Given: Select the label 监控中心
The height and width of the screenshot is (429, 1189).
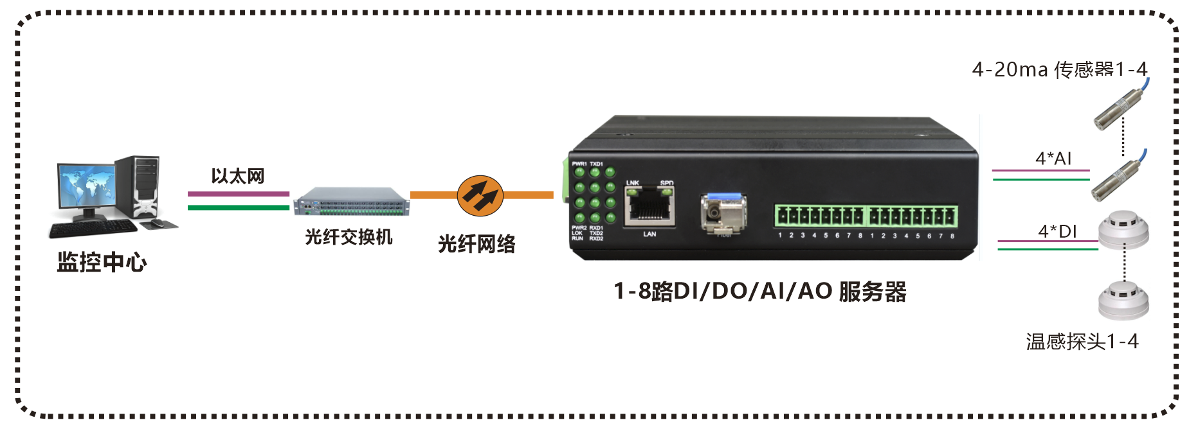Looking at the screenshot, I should tap(102, 262).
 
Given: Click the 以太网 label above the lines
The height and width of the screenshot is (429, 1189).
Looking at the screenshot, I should tap(238, 176).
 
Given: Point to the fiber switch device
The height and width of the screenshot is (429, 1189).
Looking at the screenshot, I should tap(352, 201).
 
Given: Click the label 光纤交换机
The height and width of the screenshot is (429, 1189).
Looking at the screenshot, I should tap(349, 237).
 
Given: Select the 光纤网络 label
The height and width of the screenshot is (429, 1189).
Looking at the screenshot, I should tap(477, 244).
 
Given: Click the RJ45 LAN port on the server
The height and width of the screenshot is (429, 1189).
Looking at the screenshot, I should tap(649, 207).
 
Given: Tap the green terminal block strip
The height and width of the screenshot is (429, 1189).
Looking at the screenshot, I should tap(866, 216).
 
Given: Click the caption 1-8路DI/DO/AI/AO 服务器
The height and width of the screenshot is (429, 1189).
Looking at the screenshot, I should tap(759, 292).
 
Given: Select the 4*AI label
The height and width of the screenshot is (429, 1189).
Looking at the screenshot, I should tap(1053, 159).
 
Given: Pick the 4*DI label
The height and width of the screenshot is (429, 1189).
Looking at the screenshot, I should tap(1057, 231).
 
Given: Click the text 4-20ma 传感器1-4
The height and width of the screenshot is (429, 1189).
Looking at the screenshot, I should tap(1059, 69).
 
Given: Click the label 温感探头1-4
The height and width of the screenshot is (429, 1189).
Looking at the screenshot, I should tap(1082, 342).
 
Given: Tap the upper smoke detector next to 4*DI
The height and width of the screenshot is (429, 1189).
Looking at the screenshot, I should tap(1123, 230).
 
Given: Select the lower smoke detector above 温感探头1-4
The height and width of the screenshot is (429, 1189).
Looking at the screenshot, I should tap(1123, 300).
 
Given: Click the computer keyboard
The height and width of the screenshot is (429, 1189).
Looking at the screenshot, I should tap(94, 229).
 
